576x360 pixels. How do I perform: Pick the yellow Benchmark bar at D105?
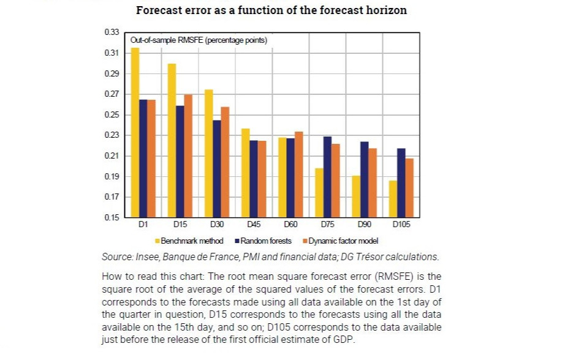[392, 199]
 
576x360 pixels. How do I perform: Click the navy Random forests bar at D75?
[327, 177]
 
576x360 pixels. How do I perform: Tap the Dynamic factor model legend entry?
[343, 241]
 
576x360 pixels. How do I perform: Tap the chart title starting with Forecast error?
[271, 10]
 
